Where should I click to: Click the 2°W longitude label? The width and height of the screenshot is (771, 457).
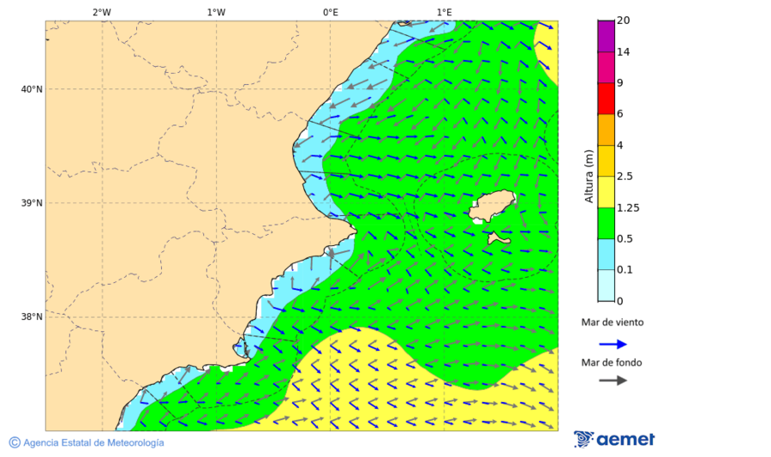(101, 12)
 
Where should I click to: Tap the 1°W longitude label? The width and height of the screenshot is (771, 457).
(216, 12)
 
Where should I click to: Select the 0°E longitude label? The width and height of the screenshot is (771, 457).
(330, 12)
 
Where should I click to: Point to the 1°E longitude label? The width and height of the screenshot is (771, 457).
(445, 12)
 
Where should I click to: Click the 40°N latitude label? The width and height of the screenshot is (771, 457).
(31, 89)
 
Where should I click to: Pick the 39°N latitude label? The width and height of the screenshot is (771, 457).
(31, 203)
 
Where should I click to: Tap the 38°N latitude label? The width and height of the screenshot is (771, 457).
(31, 317)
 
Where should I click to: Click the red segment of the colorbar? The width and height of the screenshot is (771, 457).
(607, 99)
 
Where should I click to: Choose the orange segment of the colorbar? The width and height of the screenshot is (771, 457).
(607, 129)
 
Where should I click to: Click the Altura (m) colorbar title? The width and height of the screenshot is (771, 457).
(589, 176)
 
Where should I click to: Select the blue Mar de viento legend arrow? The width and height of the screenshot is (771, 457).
(613, 344)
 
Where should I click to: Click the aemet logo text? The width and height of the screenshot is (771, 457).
(625, 440)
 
